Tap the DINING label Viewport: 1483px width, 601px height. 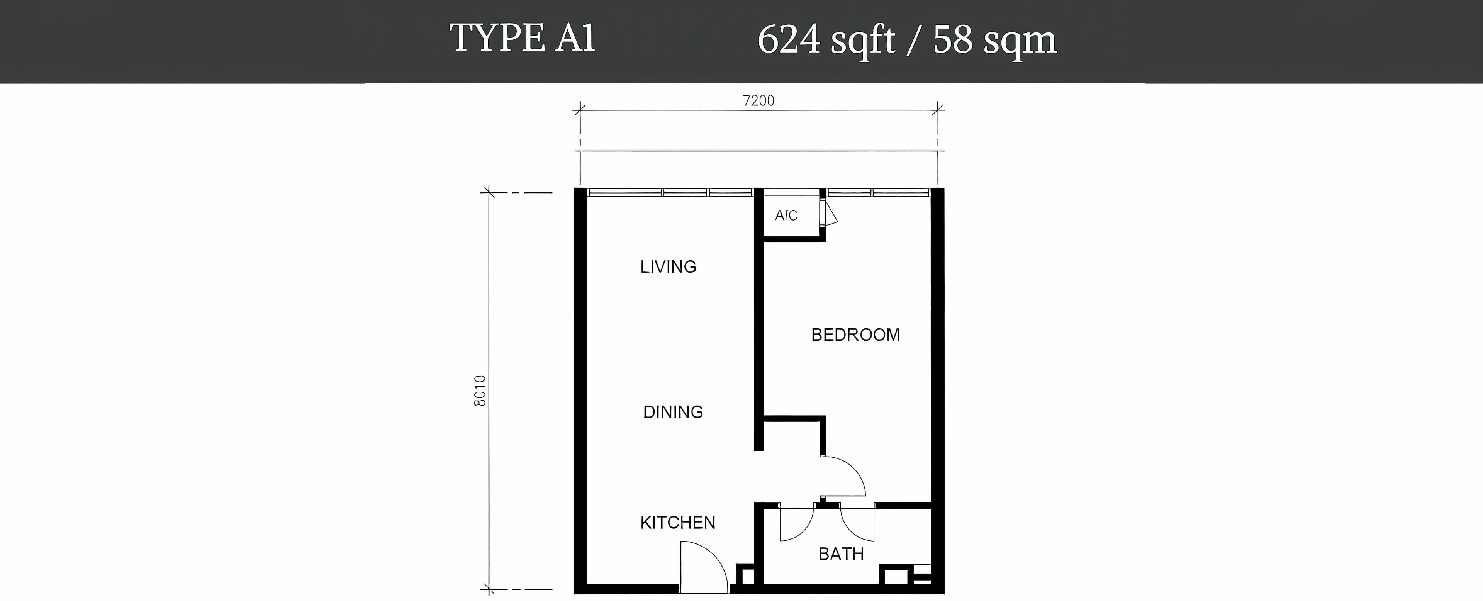click(x=673, y=412)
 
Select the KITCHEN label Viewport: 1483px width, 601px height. click(x=678, y=523)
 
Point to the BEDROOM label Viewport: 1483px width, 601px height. click(x=855, y=334)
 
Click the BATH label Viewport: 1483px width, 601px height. click(x=841, y=554)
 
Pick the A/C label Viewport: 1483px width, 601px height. click(x=786, y=215)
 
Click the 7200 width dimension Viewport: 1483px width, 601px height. click(x=759, y=101)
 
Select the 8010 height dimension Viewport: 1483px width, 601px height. click(x=480, y=391)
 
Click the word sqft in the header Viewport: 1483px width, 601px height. click(x=862, y=41)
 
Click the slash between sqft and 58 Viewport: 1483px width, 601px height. click(x=914, y=40)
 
